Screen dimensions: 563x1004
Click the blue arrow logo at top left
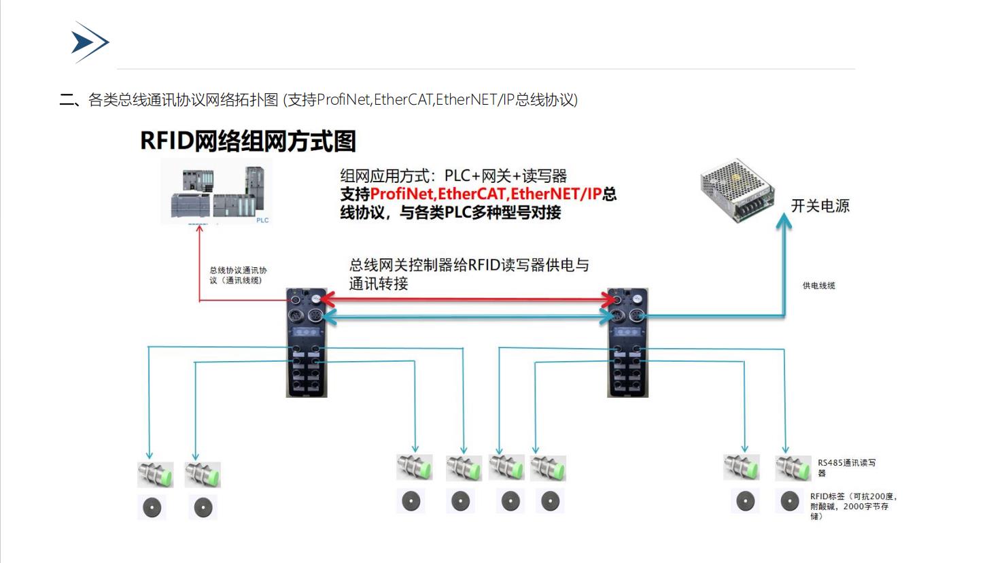tap(90, 42)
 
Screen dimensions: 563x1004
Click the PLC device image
tap(216, 192)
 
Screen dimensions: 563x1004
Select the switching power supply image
tap(738, 190)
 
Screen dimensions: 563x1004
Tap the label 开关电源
tap(820, 206)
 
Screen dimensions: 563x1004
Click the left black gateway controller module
tap(307, 343)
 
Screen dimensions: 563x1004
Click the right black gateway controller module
tap(627, 343)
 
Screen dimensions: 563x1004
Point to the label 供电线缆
tap(818, 286)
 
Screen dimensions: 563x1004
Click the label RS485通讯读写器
tap(846, 467)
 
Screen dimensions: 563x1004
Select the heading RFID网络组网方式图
tap(248, 141)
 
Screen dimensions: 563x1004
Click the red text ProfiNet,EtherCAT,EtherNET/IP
tap(486, 194)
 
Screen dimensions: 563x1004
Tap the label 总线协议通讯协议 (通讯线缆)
tap(238, 275)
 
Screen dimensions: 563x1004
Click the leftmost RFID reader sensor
tap(155, 474)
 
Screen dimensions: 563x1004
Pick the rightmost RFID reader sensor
tap(793, 468)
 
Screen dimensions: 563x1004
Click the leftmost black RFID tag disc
tap(152, 507)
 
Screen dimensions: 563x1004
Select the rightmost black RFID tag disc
tap(790, 502)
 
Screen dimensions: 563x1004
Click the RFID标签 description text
tap(852, 506)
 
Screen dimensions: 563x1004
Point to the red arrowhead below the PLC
tap(200, 230)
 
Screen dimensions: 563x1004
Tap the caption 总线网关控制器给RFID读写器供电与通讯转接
tap(468, 274)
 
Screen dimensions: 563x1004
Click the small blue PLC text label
tap(262, 220)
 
